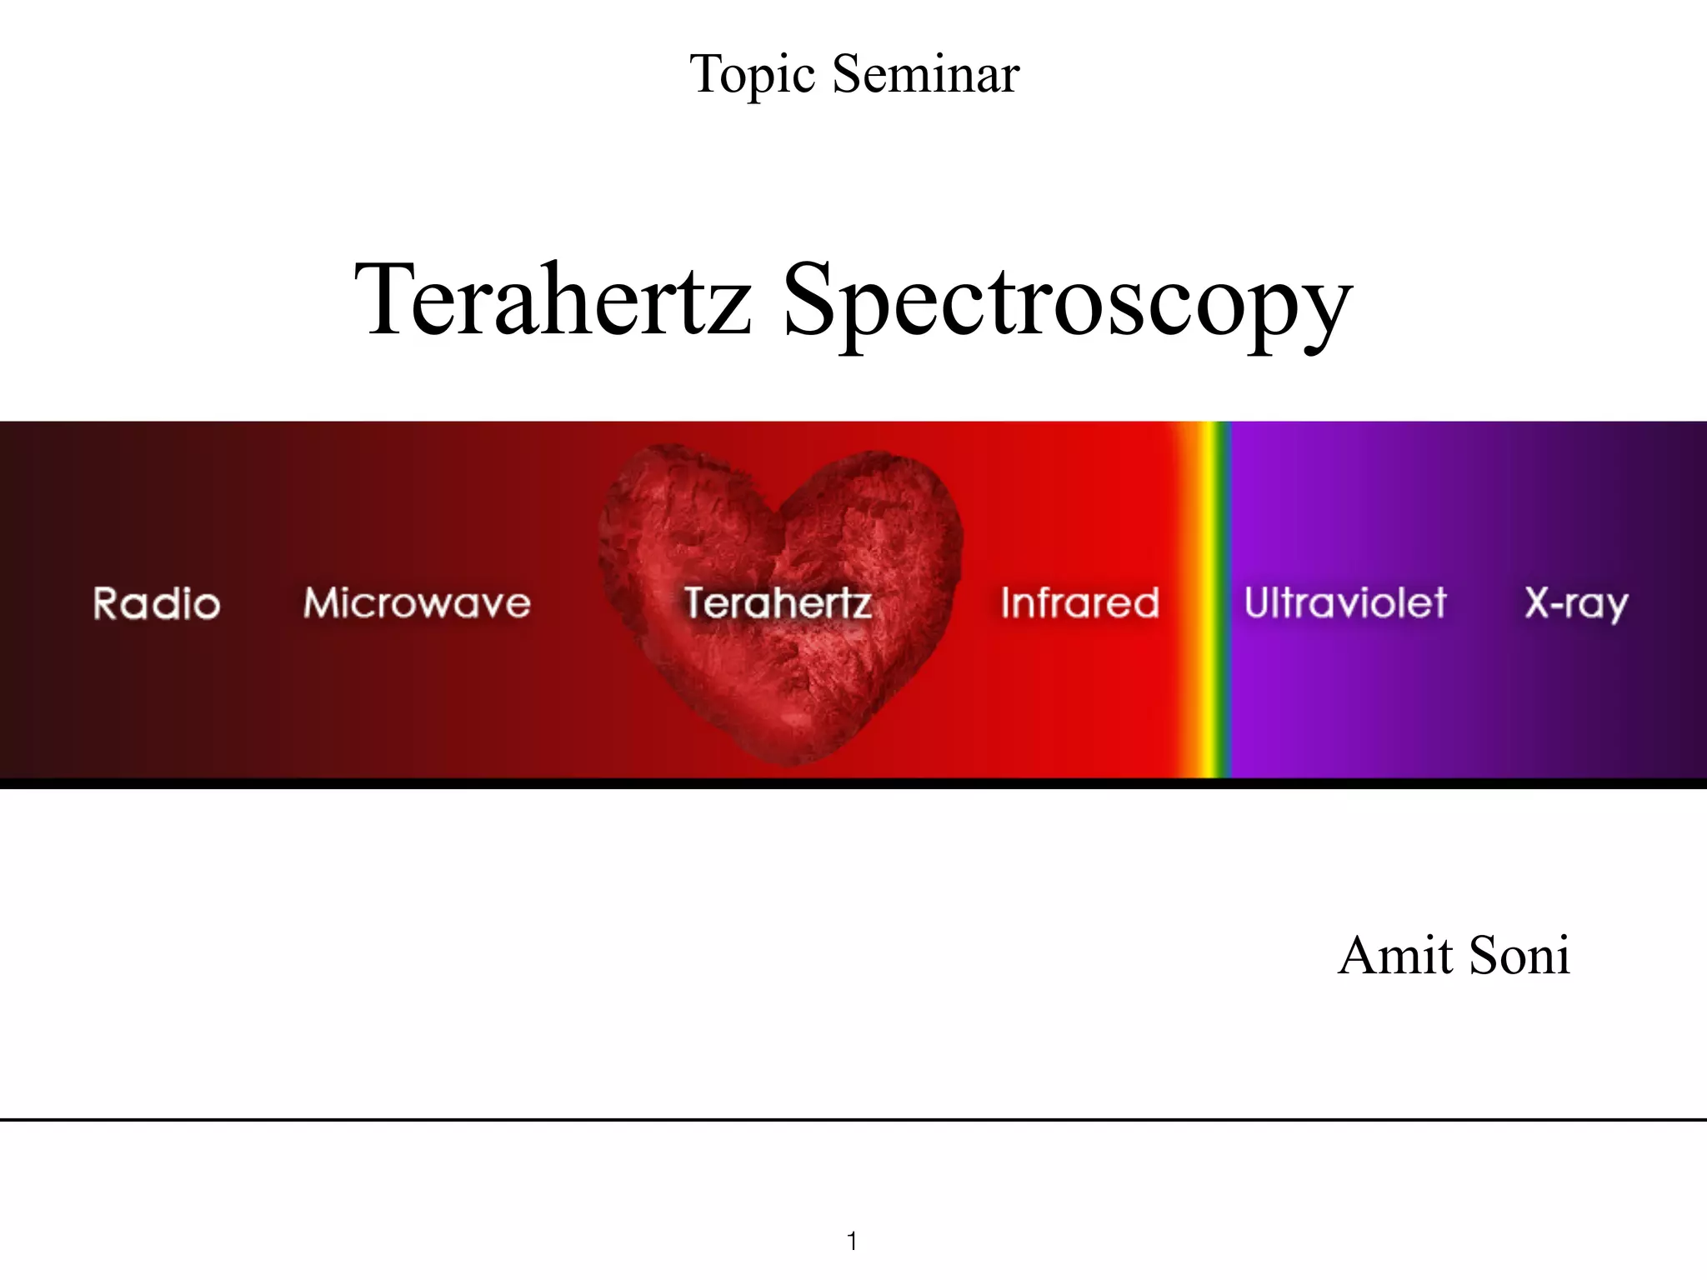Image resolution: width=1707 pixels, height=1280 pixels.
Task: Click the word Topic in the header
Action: tap(752, 75)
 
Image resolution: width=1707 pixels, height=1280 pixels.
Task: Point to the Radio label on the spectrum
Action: tap(157, 603)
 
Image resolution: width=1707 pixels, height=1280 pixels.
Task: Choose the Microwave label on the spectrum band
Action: tap(417, 602)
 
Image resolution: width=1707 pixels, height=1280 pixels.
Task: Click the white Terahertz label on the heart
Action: tap(778, 602)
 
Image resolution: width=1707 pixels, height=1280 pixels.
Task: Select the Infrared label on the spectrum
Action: tap(1080, 602)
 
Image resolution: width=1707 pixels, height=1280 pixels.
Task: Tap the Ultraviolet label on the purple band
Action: tap(1345, 602)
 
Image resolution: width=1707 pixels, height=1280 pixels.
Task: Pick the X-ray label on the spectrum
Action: tap(1576, 603)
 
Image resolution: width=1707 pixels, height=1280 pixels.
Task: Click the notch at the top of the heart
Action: tap(777, 510)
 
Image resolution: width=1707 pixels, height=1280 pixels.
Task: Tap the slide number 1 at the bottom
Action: tap(852, 1241)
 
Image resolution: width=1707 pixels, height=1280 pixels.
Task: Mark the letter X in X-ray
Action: tap(1539, 602)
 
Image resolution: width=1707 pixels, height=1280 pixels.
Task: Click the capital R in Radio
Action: tap(107, 603)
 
